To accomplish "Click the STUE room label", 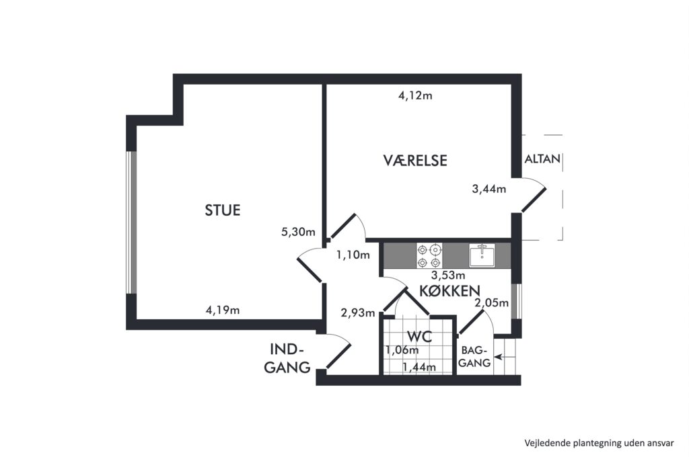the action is click(222, 210).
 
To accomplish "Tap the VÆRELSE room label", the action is click(415, 160).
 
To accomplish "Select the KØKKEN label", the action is click(449, 290).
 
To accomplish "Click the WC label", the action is click(420, 337).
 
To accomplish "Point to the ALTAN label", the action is click(543, 159).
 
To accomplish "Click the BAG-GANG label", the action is click(474, 357).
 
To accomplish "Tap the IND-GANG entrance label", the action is click(287, 358).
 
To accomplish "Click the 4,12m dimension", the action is click(415, 95).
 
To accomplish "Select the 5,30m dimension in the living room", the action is click(298, 232).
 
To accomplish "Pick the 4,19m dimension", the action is click(223, 310).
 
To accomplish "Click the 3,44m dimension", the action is click(489, 189).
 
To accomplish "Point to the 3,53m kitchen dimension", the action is click(448, 276).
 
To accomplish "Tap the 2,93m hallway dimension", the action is click(358, 313).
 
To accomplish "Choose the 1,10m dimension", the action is click(353, 255).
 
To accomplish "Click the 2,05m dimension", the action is click(492, 303).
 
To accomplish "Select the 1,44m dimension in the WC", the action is click(420, 368).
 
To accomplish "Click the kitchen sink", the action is click(482, 255).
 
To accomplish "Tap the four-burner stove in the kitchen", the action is click(429, 256).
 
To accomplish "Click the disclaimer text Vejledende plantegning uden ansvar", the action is click(599, 443).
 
